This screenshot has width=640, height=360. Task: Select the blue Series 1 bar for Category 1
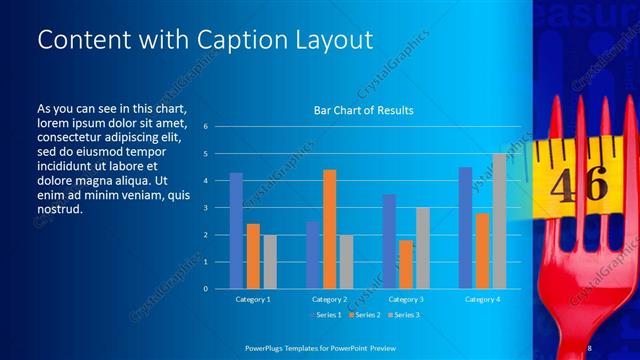click(x=236, y=231)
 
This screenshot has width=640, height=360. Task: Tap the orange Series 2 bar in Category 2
click(x=330, y=229)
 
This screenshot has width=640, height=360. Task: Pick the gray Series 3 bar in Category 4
click(x=499, y=221)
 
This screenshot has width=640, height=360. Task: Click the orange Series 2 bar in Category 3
click(x=406, y=264)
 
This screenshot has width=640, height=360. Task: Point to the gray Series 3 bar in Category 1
click(x=270, y=262)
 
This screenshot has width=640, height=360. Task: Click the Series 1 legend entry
click(x=329, y=315)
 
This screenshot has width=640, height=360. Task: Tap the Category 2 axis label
click(x=330, y=299)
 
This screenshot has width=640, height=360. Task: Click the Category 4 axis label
click(x=483, y=299)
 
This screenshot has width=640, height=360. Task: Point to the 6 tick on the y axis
click(x=205, y=127)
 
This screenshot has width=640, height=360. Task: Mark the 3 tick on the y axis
click(x=205, y=208)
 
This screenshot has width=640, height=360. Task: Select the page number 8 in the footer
click(x=590, y=346)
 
